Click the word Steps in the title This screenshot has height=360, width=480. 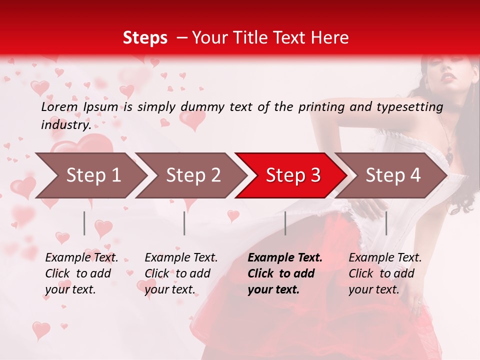click(145, 37)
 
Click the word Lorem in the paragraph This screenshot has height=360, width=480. click(59, 106)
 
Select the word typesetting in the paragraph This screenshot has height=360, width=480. click(411, 106)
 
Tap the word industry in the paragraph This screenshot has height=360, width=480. click(65, 124)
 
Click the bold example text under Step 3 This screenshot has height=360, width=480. click(285, 273)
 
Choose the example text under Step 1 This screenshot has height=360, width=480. click(81, 273)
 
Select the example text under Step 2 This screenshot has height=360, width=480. click(181, 273)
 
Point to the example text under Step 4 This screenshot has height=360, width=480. click(385, 273)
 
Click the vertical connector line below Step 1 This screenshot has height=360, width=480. click(84, 223)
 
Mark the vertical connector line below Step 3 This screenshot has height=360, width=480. click(285, 223)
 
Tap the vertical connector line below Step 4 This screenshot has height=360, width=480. click(386, 223)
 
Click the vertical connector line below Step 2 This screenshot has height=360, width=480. click(184, 223)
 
